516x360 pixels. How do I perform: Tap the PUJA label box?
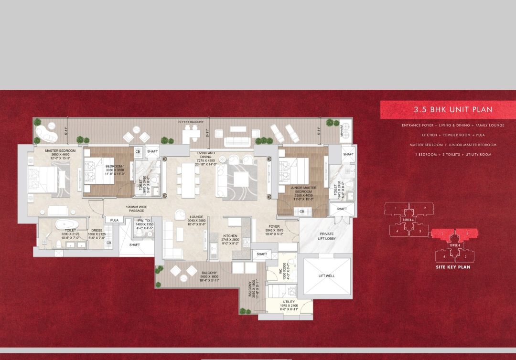pos(114,220)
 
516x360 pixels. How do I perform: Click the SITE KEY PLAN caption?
pos(453,267)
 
